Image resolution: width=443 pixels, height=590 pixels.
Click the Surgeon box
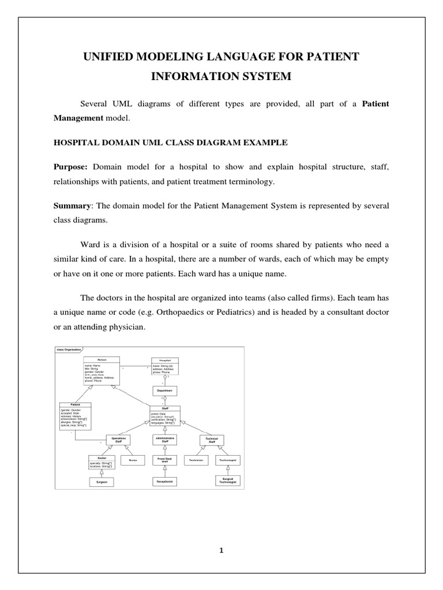coord(102,481)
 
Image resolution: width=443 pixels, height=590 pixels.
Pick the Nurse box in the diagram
coord(133,460)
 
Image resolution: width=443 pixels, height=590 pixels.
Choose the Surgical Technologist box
coord(227,480)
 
